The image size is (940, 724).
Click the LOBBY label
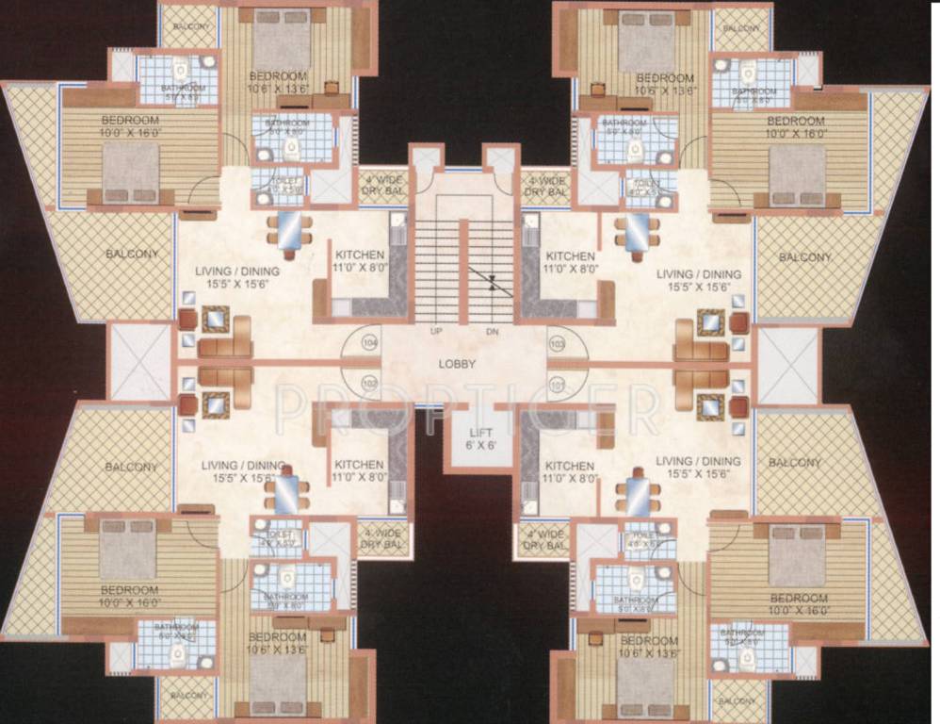pos(457,364)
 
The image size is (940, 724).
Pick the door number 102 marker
pos(369,383)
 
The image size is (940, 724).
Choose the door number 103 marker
pos(556,343)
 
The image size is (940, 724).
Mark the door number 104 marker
pos(369,343)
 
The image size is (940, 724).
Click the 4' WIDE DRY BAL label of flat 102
pos(381,538)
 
